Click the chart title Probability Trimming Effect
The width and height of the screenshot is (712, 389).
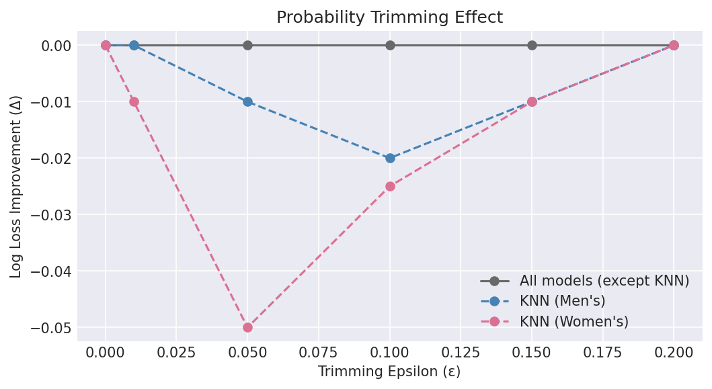[389, 17]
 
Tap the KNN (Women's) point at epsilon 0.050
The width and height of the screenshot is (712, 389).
[247, 327]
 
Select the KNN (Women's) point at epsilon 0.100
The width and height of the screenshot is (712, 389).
[390, 186]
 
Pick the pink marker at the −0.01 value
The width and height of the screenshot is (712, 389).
[134, 101]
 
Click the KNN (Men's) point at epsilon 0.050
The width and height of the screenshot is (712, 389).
[247, 101]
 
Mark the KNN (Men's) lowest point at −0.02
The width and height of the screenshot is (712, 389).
[390, 158]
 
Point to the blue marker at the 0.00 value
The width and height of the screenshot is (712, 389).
[134, 45]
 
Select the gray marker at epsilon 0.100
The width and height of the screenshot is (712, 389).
[390, 45]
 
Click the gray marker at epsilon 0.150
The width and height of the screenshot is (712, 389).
[532, 45]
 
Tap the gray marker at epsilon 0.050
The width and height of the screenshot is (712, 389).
[247, 45]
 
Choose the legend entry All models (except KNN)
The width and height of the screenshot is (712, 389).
[604, 281]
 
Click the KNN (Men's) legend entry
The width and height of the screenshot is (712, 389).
[562, 301]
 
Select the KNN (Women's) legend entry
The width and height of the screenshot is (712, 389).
[573, 321]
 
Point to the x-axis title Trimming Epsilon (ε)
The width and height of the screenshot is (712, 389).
[389, 372]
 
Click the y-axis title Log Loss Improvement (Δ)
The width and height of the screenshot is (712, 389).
[16, 186]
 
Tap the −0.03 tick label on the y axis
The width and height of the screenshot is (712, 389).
[47, 215]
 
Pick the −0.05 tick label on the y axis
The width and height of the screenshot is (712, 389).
[47, 328]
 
